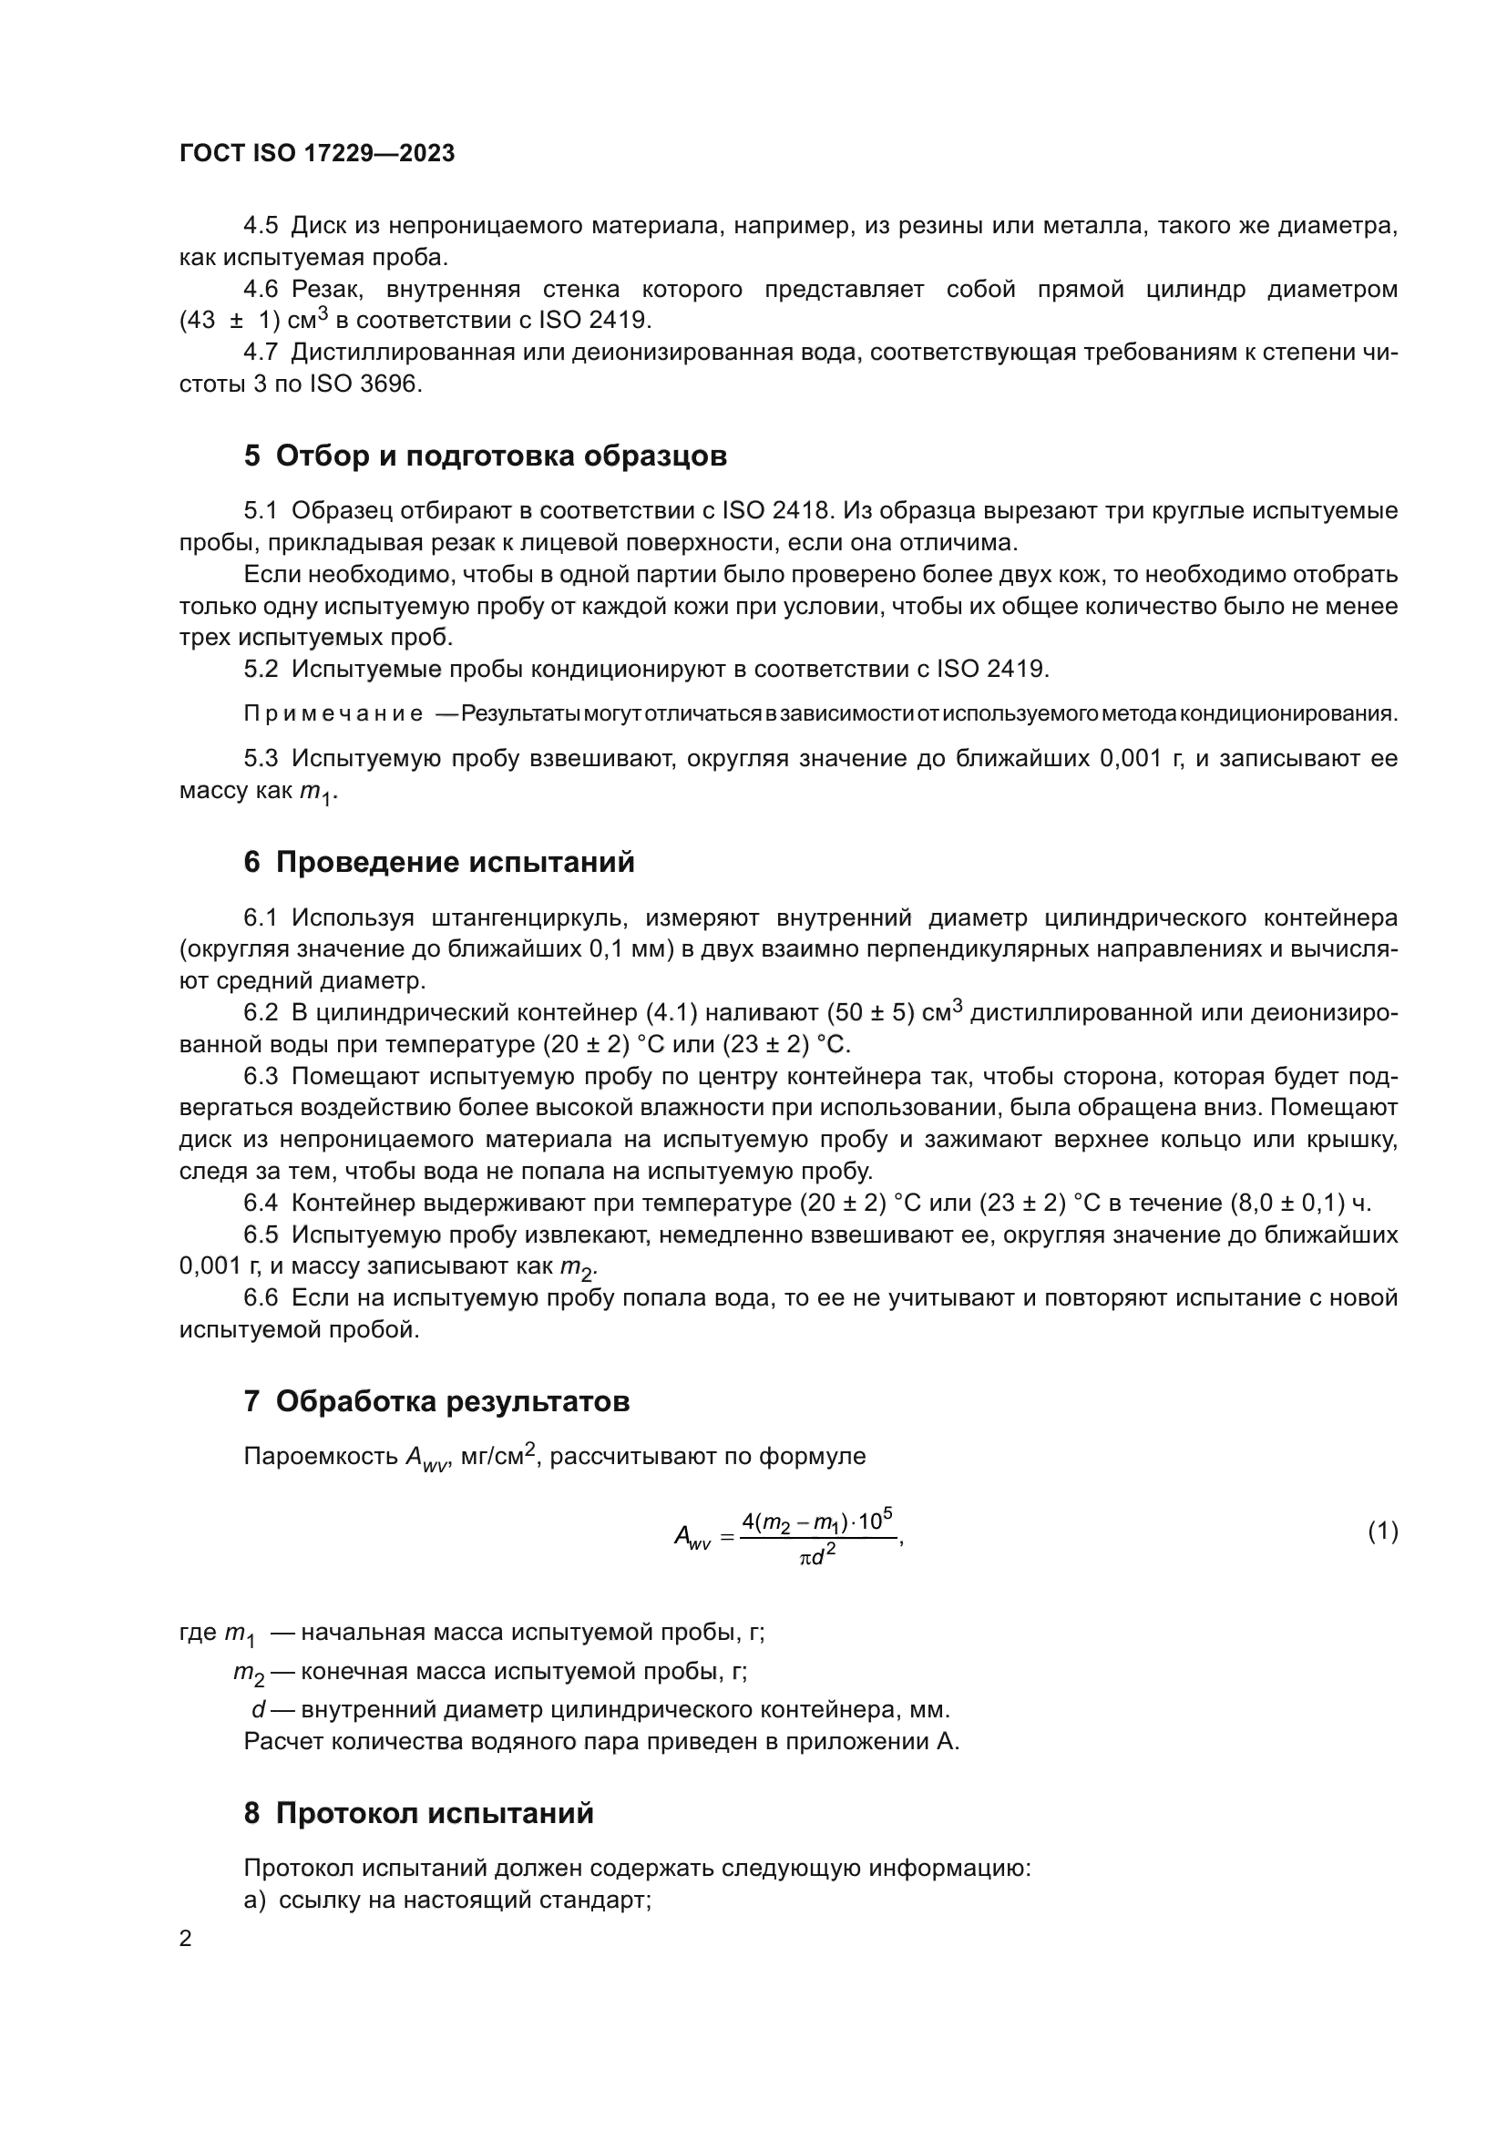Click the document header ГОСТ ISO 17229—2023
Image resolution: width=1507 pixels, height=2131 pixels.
[x=316, y=153]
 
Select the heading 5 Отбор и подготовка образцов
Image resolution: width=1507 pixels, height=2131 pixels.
[x=485, y=456]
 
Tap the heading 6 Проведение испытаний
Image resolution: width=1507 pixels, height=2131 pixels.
[x=439, y=861]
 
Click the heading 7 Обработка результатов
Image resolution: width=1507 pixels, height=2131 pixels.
[x=436, y=1400]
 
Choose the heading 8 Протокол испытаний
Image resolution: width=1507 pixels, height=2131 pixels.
[x=418, y=1813]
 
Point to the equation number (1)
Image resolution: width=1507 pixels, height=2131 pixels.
[x=1382, y=1531]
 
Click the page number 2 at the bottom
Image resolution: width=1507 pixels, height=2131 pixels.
[x=186, y=1938]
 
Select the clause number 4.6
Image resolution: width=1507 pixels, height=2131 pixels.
[x=261, y=290]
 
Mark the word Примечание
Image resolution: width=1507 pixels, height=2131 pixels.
[x=333, y=713]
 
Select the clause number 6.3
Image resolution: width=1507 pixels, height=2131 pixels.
[x=261, y=1077]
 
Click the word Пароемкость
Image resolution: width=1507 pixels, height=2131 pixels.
[x=321, y=1456]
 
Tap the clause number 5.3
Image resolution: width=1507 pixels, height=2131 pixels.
[x=261, y=758]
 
